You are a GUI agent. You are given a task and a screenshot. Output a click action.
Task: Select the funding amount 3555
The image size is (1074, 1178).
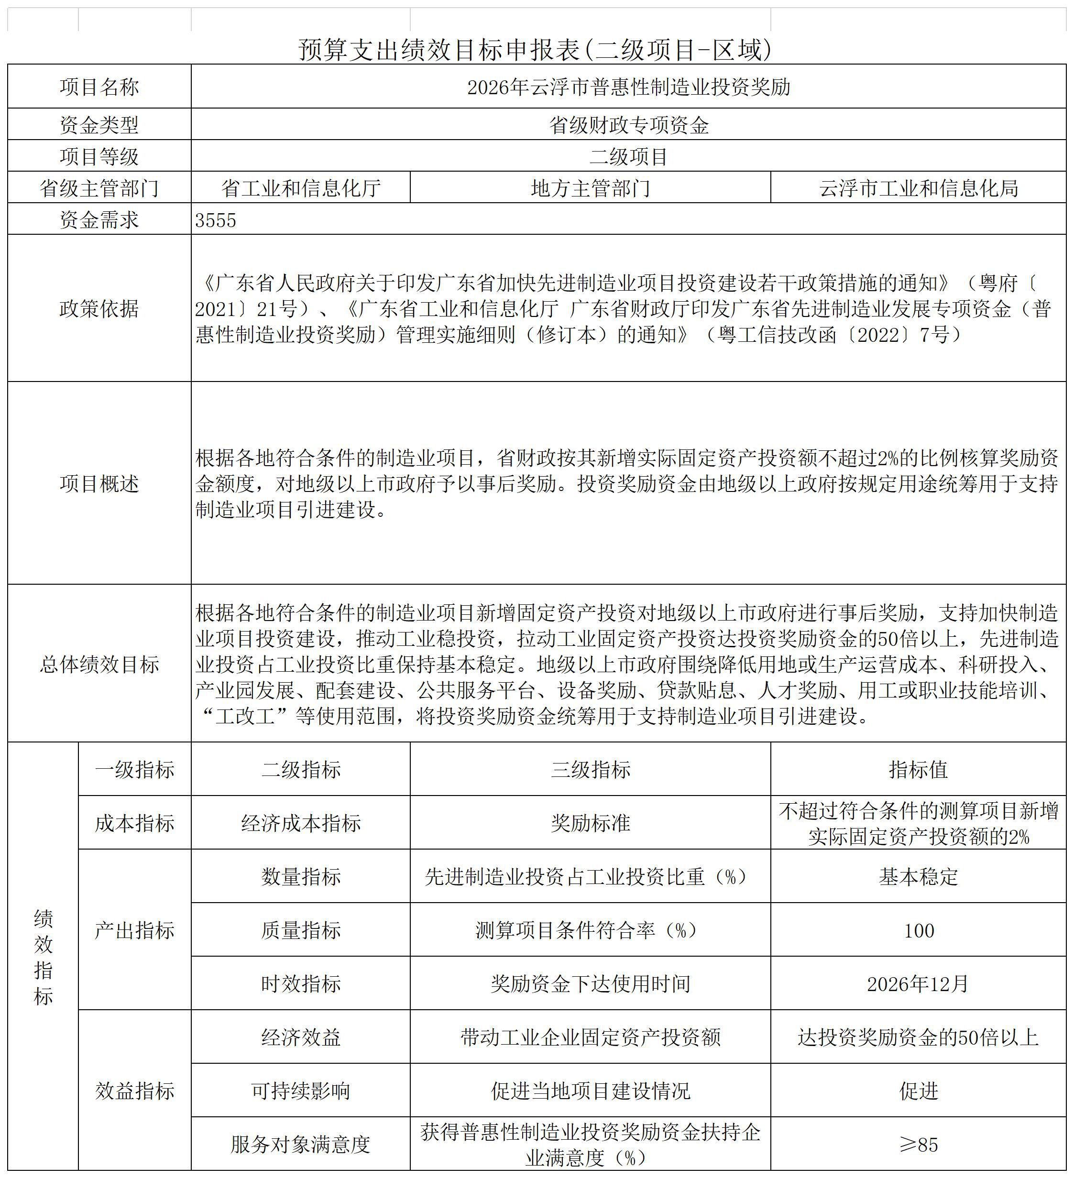(216, 220)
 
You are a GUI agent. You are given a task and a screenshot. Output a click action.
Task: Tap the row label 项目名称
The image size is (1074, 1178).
(99, 87)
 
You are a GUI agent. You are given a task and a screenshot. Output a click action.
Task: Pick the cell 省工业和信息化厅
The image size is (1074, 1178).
(300, 188)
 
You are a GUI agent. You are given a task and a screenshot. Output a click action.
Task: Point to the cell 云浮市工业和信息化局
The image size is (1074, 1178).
(918, 188)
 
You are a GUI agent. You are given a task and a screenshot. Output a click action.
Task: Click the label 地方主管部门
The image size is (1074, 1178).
(590, 188)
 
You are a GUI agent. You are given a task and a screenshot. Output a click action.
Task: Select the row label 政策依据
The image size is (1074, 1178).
(99, 308)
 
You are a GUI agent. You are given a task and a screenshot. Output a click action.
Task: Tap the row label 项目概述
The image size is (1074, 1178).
(99, 484)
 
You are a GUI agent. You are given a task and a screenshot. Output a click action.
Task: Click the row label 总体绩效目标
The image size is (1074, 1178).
(99, 665)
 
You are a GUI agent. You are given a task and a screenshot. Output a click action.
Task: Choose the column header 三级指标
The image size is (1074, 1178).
(590, 770)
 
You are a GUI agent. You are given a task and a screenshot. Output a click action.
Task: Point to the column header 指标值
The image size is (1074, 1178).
(918, 770)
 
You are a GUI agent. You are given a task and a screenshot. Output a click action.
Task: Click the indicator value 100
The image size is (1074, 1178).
(919, 930)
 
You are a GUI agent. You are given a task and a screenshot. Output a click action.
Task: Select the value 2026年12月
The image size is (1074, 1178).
(918, 984)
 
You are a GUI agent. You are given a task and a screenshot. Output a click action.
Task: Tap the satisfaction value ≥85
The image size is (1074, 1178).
(919, 1145)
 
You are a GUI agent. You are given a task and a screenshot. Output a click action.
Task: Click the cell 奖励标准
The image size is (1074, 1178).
(590, 823)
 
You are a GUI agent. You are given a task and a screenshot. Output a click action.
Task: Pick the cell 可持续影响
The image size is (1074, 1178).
(300, 1091)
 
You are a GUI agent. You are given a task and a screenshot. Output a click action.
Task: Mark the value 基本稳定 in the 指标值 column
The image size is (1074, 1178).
(918, 876)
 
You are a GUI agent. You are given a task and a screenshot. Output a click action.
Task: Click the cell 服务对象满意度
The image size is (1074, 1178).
(300, 1145)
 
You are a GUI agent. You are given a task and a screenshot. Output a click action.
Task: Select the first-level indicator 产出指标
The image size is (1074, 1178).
(134, 930)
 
